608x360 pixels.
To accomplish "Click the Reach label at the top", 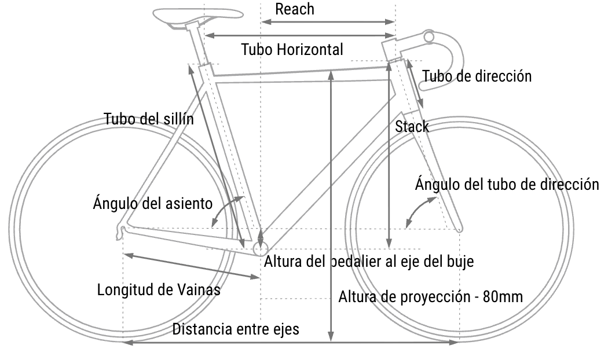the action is pyautogui.click(x=294, y=9).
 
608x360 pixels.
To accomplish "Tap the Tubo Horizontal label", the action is pyautogui.click(x=292, y=50).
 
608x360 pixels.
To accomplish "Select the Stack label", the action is pyautogui.click(x=412, y=126).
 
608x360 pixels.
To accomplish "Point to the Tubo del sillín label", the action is pyautogui.click(x=149, y=119).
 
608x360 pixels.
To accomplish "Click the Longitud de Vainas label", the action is pyautogui.click(x=159, y=289).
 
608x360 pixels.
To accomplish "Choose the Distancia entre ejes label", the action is pyautogui.click(x=236, y=329).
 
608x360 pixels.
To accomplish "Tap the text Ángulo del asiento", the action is pyautogui.click(x=153, y=203).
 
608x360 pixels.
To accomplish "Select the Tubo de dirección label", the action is pyautogui.click(x=477, y=76).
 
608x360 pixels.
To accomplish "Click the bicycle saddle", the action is pyautogui.click(x=198, y=16).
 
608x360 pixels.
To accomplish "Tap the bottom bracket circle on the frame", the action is pyautogui.click(x=261, y=249).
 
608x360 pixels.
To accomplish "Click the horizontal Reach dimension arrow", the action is pyautogui.click(x=328, y=22).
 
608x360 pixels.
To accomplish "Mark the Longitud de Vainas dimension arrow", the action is pyautogui.click(x=192, y=266).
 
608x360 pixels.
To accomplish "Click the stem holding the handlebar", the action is pyautogui.click(x=405, y=44).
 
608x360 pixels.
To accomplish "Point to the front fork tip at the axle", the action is pyautogui.click(x=459, y=229).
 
